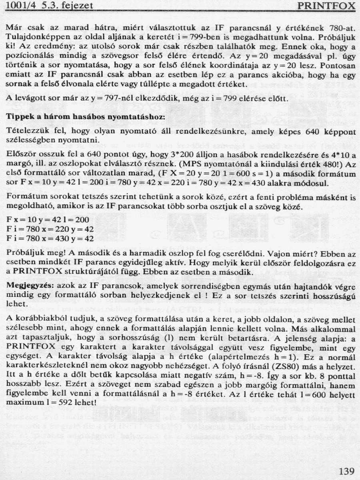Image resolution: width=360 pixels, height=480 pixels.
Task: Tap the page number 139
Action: pyautogui.click(x=346, y=470)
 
